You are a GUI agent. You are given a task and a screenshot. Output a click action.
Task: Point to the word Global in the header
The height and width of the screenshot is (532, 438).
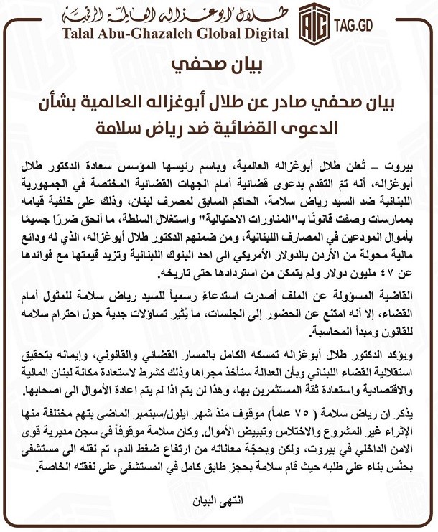click(217, 34)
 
